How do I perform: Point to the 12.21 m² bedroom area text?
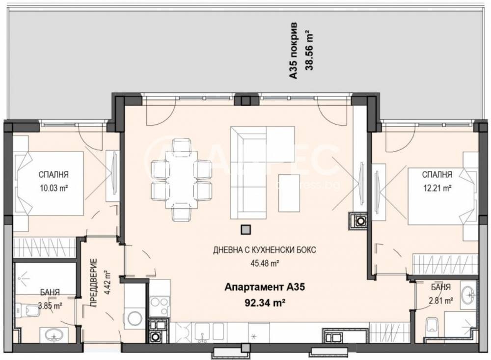(436, 186)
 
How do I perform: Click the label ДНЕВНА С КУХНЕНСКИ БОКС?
(264, 250)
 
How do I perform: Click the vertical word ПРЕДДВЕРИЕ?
(95, 282)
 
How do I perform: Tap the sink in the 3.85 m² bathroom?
(53, 335)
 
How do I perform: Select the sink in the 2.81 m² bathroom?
(468, 294)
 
